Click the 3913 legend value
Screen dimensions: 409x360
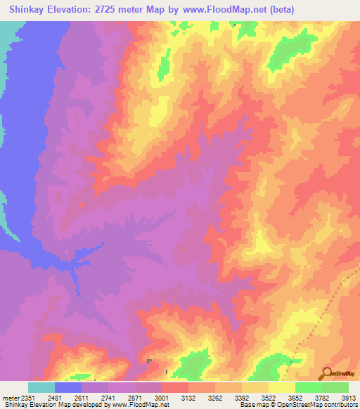(x=349, y=397)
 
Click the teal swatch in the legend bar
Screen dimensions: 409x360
(x=41, y=387)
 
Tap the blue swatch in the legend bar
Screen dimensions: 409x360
(x=68, y=387)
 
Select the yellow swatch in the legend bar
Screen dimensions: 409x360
(x=282, y=387)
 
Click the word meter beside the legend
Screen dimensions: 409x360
(x=8, y=397)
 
